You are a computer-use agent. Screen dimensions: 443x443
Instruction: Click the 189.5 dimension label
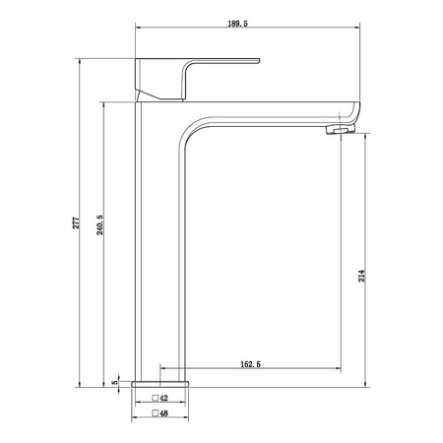[x=238, y=24]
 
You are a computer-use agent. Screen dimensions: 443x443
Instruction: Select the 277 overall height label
[x=76, y=222]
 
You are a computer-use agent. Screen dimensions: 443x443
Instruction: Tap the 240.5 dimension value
[x=99, y=224]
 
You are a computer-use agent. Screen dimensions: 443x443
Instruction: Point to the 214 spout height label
[x=361, y=276]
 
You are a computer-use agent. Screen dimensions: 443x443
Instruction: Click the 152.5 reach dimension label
[x=251, y=364]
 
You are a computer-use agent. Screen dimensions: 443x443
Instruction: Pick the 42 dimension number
[x=163, y=398]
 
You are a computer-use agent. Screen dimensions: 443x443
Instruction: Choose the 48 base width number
[x=163, y=413]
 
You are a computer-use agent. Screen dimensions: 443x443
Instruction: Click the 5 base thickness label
[x=114, y=382]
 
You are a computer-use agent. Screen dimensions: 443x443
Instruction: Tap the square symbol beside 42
[x=156, y=398]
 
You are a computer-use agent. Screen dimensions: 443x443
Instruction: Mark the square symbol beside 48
[x=156, y=413]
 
